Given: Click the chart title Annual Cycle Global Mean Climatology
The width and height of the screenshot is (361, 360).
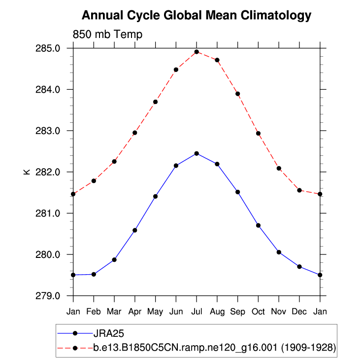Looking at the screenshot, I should pos(196,15).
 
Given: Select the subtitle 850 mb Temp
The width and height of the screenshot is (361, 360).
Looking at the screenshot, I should pos(107,35).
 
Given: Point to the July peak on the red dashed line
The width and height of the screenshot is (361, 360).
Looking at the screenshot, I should pos(197,52).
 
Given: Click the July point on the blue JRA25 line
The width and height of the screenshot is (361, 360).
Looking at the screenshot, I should pos(197,153).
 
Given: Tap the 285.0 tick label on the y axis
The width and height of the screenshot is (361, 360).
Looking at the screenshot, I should pos(50,48).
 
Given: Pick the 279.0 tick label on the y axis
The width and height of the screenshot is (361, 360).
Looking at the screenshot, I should pos(50,296).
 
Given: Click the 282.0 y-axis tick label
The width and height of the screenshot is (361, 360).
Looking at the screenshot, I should pos(50,172).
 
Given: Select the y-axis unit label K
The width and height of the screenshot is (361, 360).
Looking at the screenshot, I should pos(27,172).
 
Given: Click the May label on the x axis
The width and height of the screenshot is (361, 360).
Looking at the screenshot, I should pos(155,312).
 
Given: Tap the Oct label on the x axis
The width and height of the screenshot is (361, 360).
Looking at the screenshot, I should pos(258,312).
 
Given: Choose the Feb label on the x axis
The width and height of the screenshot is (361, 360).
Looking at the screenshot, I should pos(94,312).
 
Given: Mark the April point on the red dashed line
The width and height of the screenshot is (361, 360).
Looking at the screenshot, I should pos(134,133).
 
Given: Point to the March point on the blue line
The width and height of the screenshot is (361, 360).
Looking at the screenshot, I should pos(114,259).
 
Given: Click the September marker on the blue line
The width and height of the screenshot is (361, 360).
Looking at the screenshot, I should pos(237,192).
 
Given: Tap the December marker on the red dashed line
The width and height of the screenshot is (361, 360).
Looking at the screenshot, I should pos(299,190).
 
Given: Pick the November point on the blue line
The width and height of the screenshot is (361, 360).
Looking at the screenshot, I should pos(279,252).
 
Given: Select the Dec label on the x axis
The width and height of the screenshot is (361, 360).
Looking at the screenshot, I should pos(299,312).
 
